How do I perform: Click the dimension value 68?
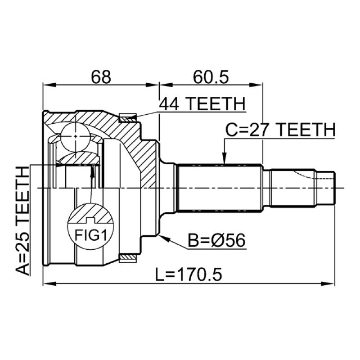[101, 77]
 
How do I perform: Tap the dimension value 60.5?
[211, 77]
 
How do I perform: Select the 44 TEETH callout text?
[202, 104]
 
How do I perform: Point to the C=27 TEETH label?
[280, 130]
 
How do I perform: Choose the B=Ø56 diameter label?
[217, 240]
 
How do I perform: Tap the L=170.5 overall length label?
[189, 274]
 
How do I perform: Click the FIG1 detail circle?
[91, 227]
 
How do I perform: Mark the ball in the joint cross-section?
[75, 136]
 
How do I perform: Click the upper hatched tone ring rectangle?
[128, 118]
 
